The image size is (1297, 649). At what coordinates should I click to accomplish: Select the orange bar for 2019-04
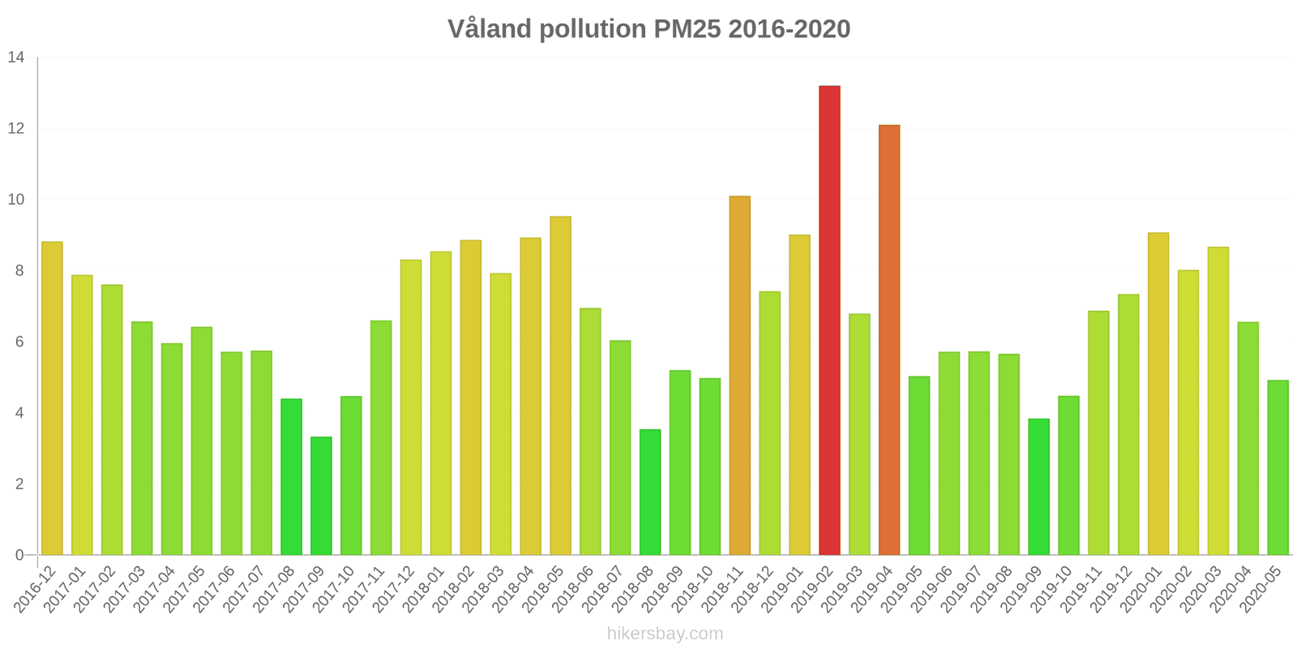(889, 340)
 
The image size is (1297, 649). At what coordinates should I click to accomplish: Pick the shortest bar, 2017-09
(321, 496)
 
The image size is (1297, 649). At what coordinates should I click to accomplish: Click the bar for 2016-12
(52, 398)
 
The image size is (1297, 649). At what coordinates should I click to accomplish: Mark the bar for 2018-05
(560, 385)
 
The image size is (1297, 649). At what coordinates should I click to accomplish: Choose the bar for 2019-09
(1038, 487)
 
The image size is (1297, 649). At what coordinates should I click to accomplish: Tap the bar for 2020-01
(1158, 393)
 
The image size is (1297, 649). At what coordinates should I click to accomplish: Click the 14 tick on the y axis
(16, 58)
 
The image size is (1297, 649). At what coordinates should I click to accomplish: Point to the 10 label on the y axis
(16, 200)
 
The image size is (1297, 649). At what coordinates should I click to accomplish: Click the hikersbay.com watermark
(665, 634)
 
